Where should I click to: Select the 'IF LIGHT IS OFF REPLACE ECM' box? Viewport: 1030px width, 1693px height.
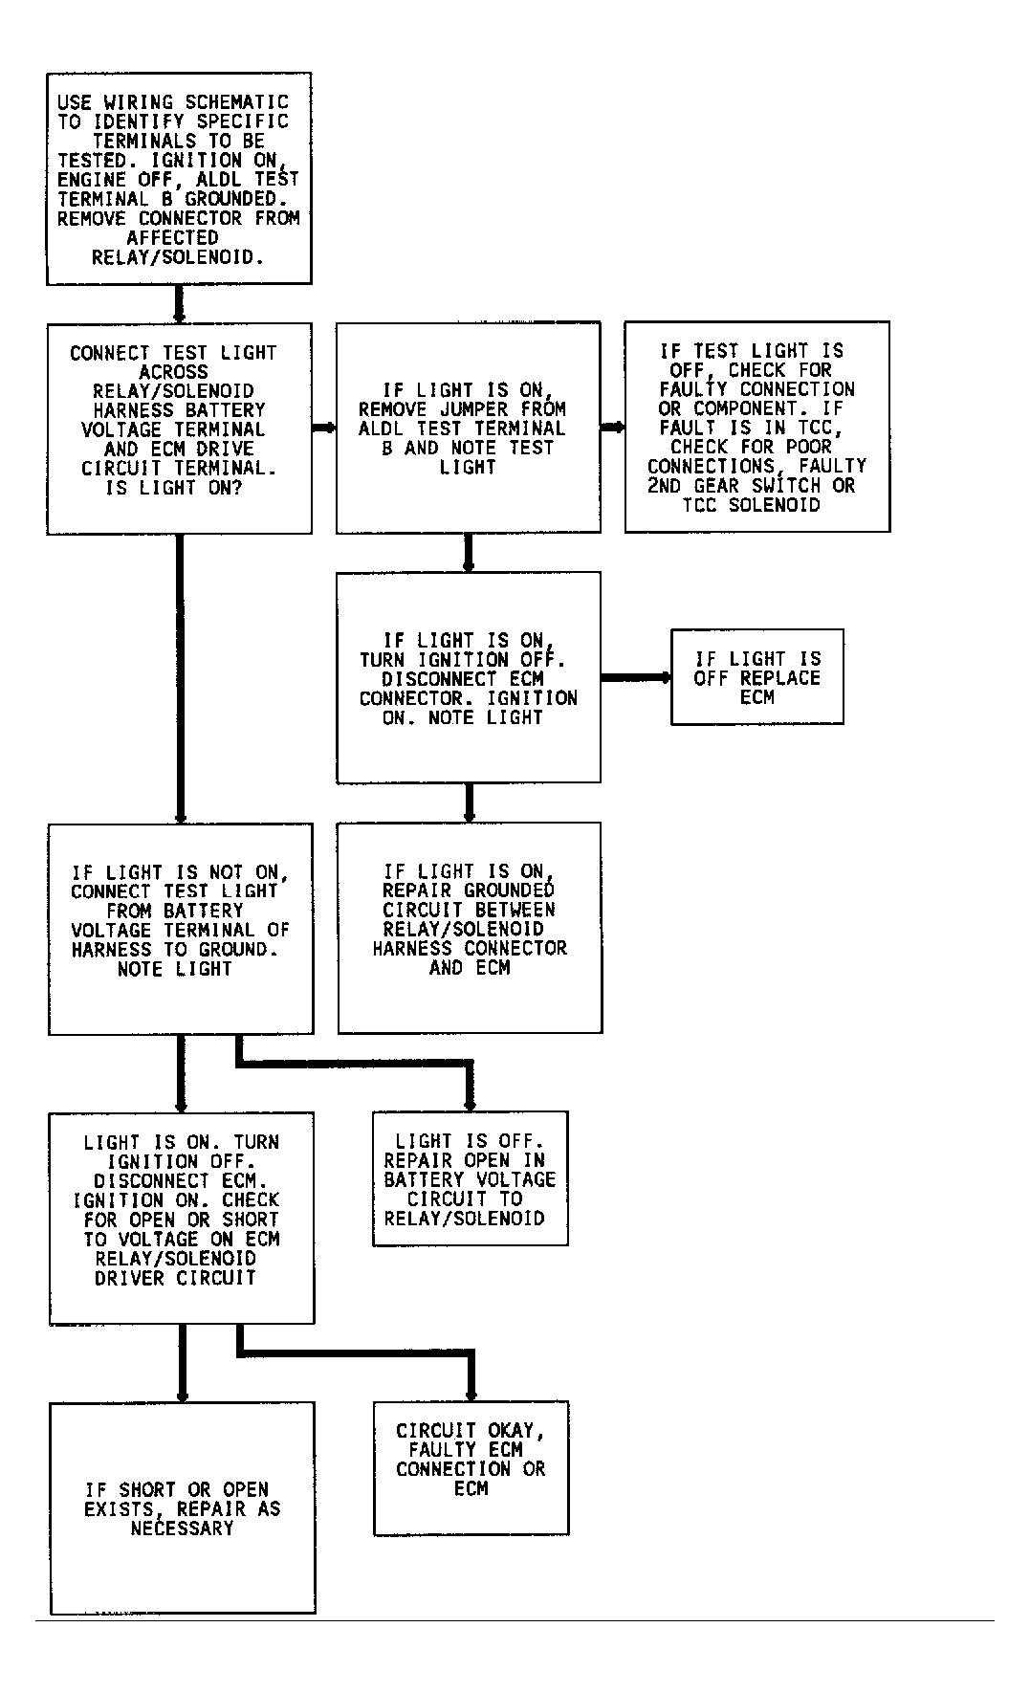(757, 676)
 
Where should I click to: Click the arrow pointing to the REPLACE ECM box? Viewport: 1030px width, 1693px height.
(636, 677)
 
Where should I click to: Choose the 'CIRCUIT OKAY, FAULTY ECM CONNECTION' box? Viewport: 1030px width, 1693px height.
(471, 1468)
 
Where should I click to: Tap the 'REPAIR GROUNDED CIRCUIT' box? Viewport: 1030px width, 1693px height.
(470, 928)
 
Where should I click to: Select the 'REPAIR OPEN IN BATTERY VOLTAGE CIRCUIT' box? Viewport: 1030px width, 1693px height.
(470, 1178)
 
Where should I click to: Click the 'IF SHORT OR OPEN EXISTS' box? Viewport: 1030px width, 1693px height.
(182, 1508)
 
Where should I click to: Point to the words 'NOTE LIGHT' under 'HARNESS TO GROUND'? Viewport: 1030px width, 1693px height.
(175, 969)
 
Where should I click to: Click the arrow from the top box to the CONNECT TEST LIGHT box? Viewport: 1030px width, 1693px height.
(178, 303)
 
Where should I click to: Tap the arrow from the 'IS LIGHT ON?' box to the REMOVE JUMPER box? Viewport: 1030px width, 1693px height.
(323, 428)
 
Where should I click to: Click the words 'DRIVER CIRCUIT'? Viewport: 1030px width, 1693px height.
(175, 1278)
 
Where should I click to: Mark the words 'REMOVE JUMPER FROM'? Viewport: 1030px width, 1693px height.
(462, 409)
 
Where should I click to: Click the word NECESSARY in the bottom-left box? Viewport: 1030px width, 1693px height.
(182, 1528)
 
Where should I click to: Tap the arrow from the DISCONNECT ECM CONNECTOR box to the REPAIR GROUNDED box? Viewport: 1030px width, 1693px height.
(469, 803)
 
